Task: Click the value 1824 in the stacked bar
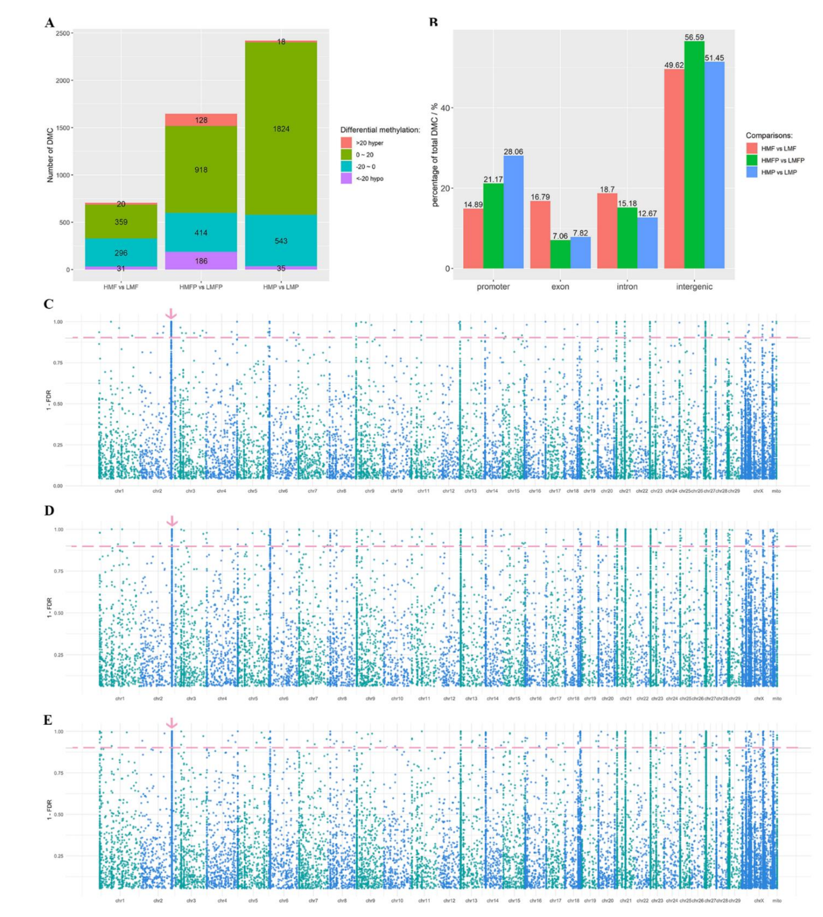point(281,129)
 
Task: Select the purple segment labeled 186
point(201,261)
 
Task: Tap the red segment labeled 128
point(201,120)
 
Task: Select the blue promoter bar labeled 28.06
point(513,213)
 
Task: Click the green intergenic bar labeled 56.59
point(694,154)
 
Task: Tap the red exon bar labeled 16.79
point(540,235)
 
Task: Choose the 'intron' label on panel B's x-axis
point(627,286)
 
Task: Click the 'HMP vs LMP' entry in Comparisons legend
point(779,172)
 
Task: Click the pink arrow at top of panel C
point(171,313)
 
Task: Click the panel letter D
point(49,511)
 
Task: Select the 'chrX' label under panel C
point(758,491)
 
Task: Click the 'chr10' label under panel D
point(397,698)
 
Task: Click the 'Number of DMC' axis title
point(50,155)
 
